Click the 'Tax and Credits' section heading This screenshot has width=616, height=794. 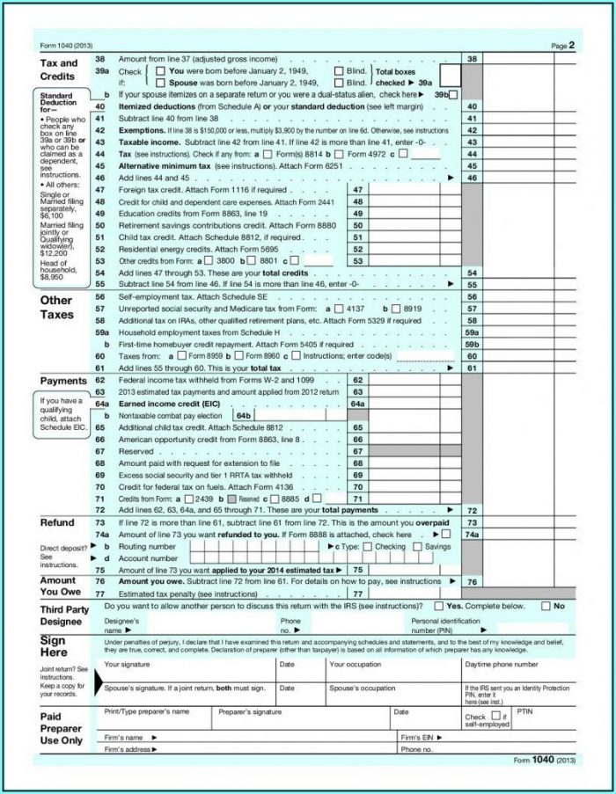click(60, 70)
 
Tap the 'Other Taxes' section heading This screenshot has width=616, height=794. click(57, 307)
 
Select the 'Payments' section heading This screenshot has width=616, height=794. click(63, 380)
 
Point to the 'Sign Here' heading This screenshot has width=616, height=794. click(54, 646)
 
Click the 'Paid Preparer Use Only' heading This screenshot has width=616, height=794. click(61, 728)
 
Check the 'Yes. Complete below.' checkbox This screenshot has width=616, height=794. click(439, 606)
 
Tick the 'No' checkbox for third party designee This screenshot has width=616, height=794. click(546, 606)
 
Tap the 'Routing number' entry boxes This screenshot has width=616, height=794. click(255, 546)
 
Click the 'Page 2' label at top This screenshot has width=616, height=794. click(562, 44)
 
